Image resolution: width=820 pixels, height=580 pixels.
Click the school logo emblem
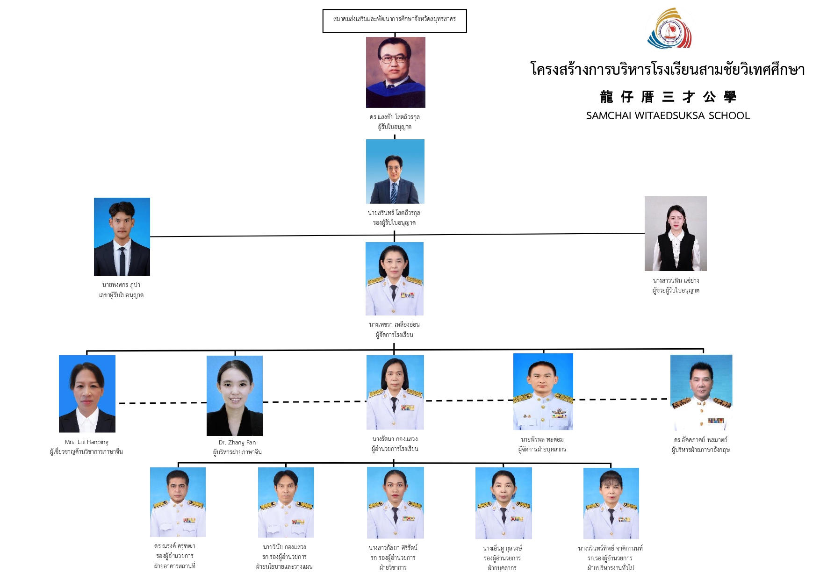(x=669, y=29)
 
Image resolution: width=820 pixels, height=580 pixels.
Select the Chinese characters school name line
(x=668, y=97)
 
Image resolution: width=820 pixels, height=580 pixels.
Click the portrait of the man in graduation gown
(x=396, y=72)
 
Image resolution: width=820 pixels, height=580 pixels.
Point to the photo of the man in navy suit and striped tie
(x=395, y=172)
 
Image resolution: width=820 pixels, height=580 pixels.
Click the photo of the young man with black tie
(x=122, y=236)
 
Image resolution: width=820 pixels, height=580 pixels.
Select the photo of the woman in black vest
(x=676, y=234)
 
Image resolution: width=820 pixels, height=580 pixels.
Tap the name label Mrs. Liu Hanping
(x=86, y=442)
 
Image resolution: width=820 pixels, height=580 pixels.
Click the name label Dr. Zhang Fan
(x=237, y=443)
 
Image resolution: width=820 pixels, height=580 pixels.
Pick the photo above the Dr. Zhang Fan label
(x=235, y=396)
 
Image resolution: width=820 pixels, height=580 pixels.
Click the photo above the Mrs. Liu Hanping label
(x=87, y=394)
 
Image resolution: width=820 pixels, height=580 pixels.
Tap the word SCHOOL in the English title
(x=729, y=116)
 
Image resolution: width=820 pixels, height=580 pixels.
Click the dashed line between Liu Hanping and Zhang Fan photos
(x=161, y=403)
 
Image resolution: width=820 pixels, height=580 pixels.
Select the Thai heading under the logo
(x=668, y=70)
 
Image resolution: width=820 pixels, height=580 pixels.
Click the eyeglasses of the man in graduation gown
(x=393, y=59)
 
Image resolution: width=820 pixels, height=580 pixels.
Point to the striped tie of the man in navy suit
(x=394, y=192)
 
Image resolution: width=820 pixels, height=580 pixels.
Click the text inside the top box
(x=395, y=19)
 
